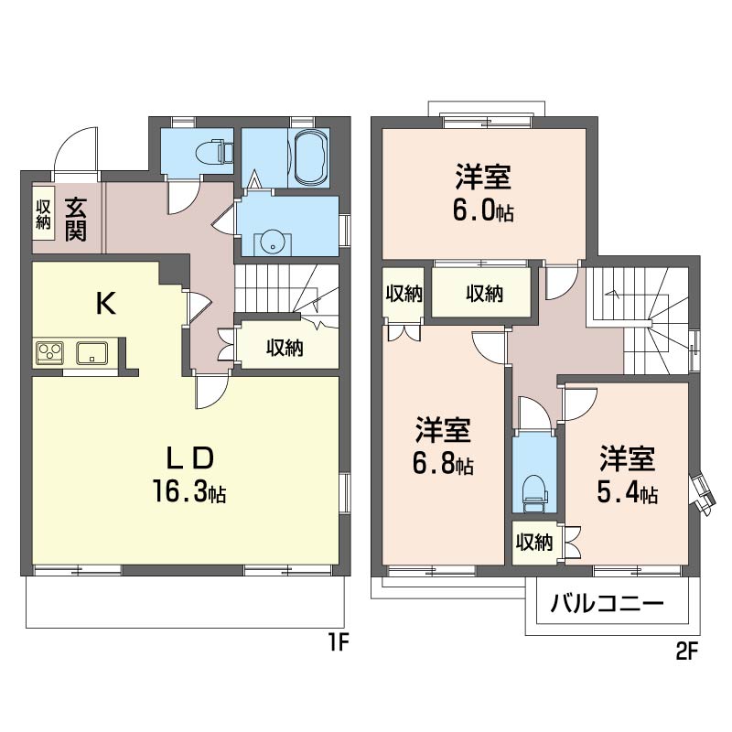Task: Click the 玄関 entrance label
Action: pyautogui.click(x=75, y=219)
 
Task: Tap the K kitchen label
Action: pyautogui.click(x=105, y=304)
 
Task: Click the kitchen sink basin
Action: pyautogui.click(x=92, y=352)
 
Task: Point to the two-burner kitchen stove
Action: pyautogui.click(x=49, y=352)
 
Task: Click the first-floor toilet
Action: pyautogui.click(x=215, y=151)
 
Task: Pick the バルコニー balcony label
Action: pyautogui.click(x=607, y=604)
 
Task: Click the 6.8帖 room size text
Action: pyautogui.click(x=443, y=464)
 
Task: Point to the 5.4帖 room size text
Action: pyautogui.click(x=627, y=493)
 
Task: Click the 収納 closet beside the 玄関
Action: pyautogui.click(x=43, y=214)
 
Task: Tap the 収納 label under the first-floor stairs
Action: pyautogui.click(x=285, y=348)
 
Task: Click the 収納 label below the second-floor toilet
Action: pyautogui.click(x=534, y=543)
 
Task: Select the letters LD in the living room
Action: pyautogui.click(x=191, y=458)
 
